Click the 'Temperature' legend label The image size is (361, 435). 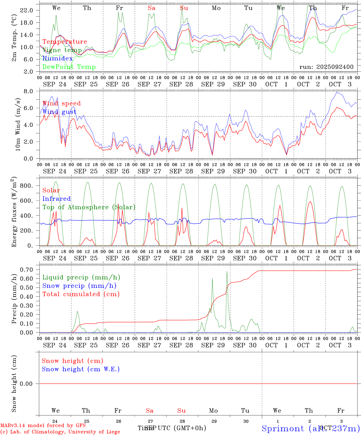[x=65, y=42]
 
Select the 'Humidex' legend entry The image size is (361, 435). [x=57, y=59]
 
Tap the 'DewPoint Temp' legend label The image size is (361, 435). [x=69, y=67]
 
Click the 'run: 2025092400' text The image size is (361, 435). [x=326, y=67]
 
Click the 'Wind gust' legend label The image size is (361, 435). [x=59, y=112]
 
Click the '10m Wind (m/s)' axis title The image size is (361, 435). [x=18, y=124]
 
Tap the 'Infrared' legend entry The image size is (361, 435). [x=57, y=199]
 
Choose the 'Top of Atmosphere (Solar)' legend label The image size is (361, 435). [x=89, y=207]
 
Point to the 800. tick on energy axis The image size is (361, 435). [x=26, y=186]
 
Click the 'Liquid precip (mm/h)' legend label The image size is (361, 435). [x=81, y=277]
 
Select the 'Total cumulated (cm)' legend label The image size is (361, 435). [x=81, y=294]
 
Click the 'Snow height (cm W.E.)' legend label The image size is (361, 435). [x=81, y=369]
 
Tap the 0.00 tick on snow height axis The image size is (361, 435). [x=26, y=384]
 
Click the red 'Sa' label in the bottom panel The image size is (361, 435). [x=150, y=411]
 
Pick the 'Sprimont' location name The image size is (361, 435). [x=283, y=428]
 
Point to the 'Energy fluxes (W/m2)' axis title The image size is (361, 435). [x=14, y=212]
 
